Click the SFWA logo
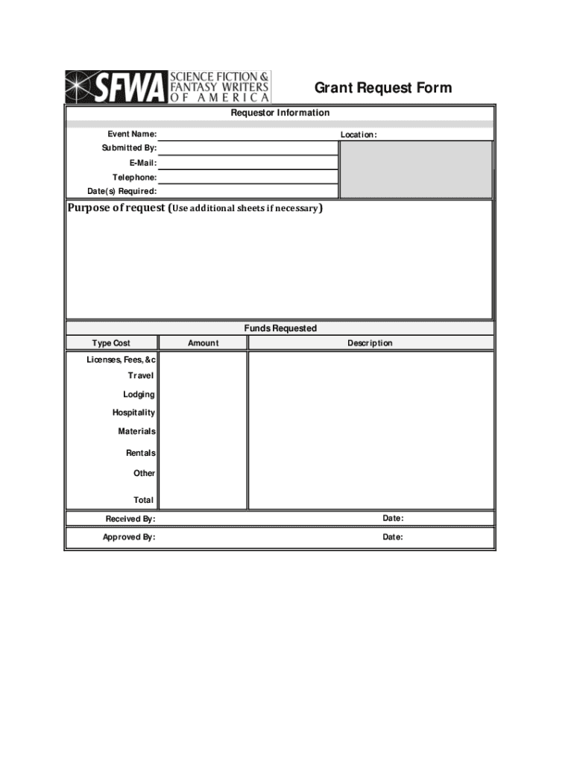(168, 87)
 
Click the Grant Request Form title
(382, 88)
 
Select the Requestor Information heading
(280, 113)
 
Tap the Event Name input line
(247, 134)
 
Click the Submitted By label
(129, 148)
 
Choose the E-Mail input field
(247, 163)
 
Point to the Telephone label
(134, 178)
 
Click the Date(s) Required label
(122, 192)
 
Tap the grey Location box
(415, 169)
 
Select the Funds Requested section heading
(280, 328)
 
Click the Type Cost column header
(111, 343)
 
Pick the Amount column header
(203, 343)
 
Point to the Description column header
(370, 343)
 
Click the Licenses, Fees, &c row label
(121, 360)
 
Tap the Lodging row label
(139, 395)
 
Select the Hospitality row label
(133, 413)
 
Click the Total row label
(143, 500)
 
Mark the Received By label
(130, 519)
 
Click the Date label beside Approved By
(393, 537)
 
